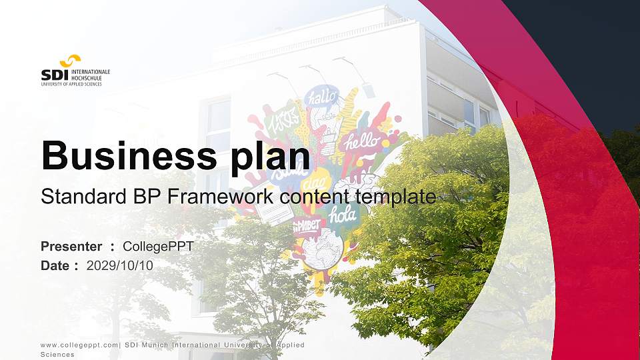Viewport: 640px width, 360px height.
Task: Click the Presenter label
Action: pos(71,247)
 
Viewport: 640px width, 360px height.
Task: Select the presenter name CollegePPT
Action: pos(159,247)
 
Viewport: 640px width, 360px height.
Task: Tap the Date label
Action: pos(55,265)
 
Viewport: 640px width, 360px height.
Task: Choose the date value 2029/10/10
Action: pos(120,265)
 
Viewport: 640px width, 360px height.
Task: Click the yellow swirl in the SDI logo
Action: pos(70,61)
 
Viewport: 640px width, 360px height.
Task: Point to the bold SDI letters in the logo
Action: pos(54,75)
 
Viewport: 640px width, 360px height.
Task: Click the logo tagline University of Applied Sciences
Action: pos(71,84)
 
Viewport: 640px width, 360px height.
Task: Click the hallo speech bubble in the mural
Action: pos(323,97)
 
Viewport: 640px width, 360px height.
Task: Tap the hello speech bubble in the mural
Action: pos(361,141)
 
